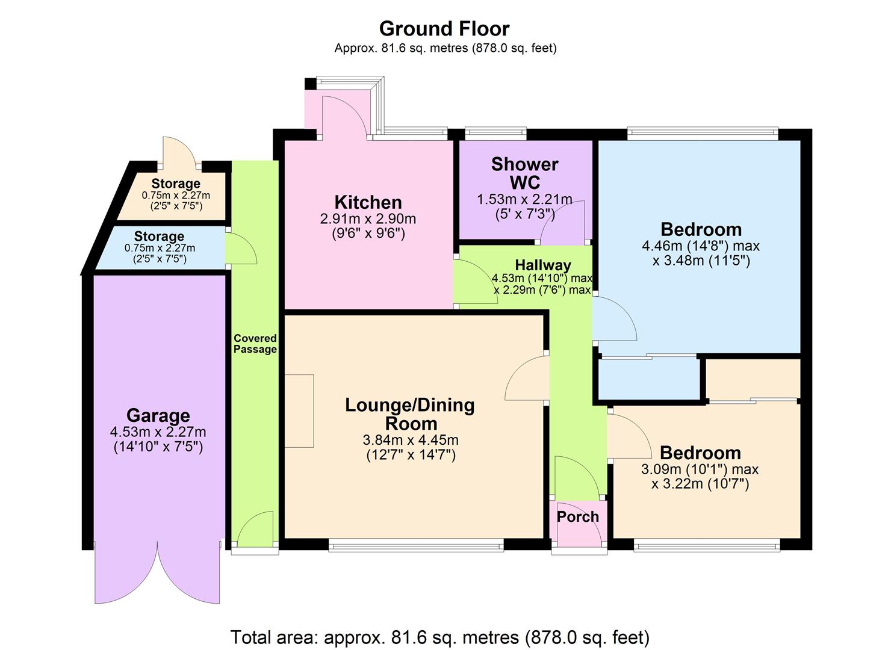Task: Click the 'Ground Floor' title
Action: [444, 28]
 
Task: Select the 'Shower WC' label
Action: [524, 173]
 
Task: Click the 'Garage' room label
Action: [158, 415]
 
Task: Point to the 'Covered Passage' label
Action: [255, 344]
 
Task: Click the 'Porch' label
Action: [578, 516]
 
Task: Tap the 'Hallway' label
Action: [542, 265]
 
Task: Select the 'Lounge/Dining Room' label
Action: [410, 413]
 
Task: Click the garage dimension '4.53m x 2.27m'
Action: [158, 432]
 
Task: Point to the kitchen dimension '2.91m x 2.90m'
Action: [368, 219]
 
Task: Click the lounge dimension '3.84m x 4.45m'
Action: [411, 441]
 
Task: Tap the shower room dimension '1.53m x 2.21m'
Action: [524, 199]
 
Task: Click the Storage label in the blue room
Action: [159, 237]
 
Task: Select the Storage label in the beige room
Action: [176, 184]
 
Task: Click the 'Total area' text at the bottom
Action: [440, 637]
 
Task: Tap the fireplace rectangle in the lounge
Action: [299, 410]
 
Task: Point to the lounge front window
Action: [416, 546]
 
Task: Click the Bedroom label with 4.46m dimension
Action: [701, 229]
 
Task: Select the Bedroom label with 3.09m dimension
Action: [700, 453]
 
